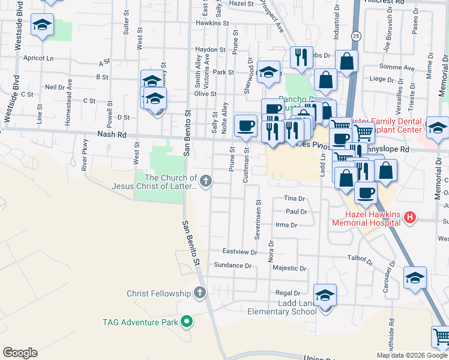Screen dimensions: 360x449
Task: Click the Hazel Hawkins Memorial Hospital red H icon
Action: tap(411, 217)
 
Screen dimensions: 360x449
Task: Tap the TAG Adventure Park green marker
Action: tap(187, 322)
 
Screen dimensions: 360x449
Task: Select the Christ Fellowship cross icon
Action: tap(200, 293)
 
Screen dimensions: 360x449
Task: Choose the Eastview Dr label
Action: tap(240, 251)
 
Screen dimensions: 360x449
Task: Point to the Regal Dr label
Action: tap(283, 293)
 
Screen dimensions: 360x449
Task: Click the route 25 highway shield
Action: tap(356, 37)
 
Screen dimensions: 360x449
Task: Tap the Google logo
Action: tap(20, 353)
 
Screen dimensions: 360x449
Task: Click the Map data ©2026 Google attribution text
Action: tap(411, 355)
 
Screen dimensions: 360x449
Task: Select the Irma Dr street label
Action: tap(286, 225)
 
